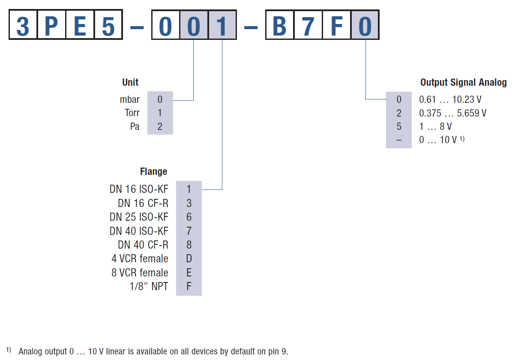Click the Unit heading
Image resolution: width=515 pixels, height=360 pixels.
pos(130,82)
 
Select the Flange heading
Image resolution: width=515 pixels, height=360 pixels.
pos(153,171)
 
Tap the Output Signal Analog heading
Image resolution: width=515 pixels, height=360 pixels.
pos(463,82)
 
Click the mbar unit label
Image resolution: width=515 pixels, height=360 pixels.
pos(130,100)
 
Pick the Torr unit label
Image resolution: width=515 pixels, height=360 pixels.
pos(132,113)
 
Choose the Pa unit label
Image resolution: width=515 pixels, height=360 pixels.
pos(135,127)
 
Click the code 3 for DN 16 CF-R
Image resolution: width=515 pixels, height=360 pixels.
pos(189,203)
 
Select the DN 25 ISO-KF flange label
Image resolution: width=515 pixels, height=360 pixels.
pos(139,217)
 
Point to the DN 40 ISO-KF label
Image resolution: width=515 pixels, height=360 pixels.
pos(139,231)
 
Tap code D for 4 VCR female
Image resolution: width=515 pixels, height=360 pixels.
pos(189,259)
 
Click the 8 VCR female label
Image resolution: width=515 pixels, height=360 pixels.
pos(140,273)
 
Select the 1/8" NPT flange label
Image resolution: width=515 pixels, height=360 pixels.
pos(149,286)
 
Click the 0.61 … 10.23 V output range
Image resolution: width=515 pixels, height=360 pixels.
pos(450,100)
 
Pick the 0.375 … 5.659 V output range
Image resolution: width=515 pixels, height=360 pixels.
pos(452,114)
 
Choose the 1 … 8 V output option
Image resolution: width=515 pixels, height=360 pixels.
pos(435,127)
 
